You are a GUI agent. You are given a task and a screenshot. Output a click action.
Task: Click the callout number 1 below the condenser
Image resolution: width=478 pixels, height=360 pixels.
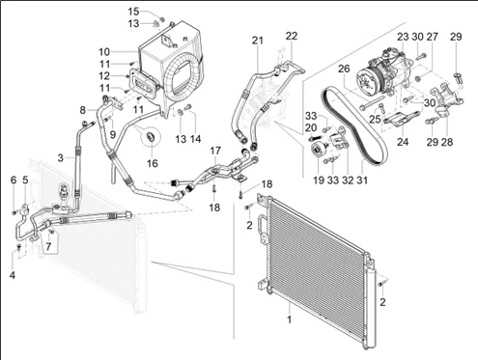click(x=290, y=319)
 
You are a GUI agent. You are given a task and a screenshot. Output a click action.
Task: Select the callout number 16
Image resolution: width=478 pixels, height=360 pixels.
click(x=153, y=163)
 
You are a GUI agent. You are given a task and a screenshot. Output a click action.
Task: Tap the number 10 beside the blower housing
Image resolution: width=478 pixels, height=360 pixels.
click(x=104, y=52)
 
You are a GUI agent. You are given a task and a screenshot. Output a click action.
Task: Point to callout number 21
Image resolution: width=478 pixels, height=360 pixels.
click(x=258, y=41)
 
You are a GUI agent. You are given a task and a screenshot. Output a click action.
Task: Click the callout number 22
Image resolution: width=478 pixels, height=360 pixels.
click(x=292, y=36)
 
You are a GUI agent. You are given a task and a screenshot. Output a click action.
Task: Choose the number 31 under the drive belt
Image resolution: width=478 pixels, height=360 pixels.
click(x=362, y=180)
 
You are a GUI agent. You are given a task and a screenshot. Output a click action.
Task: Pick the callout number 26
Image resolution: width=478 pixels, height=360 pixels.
click(x=344, y=69)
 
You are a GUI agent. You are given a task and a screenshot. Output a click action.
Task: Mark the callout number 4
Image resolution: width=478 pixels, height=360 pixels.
click(x=13, y=275)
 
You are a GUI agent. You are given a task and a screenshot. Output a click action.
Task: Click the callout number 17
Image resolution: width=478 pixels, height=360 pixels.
click(x=215, y=151)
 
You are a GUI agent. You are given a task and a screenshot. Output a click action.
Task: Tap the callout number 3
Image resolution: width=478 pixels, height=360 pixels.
click(x=61, y=158)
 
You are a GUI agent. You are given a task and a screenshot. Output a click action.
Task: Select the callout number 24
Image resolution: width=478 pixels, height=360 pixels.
click(x=403, y=142)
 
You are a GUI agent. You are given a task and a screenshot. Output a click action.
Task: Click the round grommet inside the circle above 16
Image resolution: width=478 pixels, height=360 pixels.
click(x=151, y=137)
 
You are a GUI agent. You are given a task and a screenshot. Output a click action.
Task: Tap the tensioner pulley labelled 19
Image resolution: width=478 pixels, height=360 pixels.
click(x=319, y=151)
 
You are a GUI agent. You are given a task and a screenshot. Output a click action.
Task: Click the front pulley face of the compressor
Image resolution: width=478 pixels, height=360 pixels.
click(x=368, y=80)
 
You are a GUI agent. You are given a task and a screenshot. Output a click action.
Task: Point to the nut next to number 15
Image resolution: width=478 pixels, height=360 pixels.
click(x=162, y=19)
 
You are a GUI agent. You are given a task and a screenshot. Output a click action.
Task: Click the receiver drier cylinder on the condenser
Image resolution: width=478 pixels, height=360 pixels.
click(x=371, y=309)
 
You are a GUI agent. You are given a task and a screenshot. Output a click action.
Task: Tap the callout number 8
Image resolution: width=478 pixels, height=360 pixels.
click(x=83, y=110)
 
